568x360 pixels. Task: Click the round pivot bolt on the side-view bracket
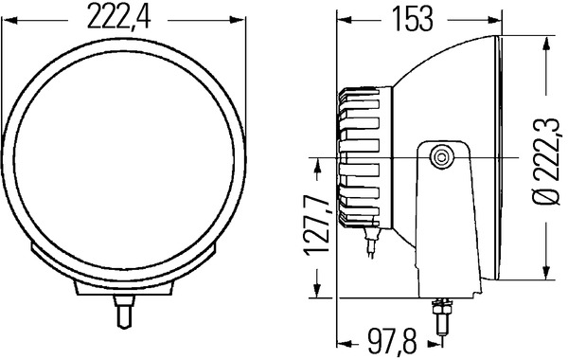[440, 157]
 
